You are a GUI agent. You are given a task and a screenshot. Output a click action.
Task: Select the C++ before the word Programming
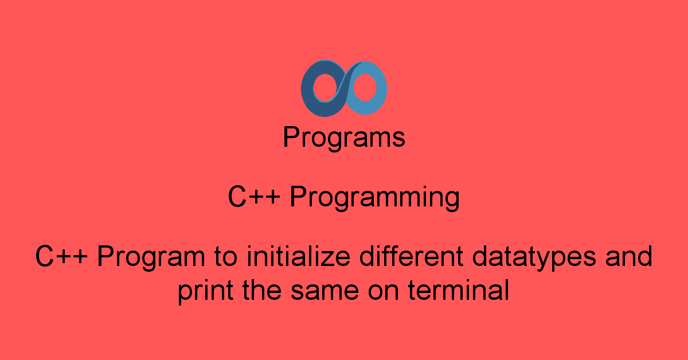tap(254, 198)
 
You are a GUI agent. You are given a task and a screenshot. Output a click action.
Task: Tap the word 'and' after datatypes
tap(630, 256)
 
